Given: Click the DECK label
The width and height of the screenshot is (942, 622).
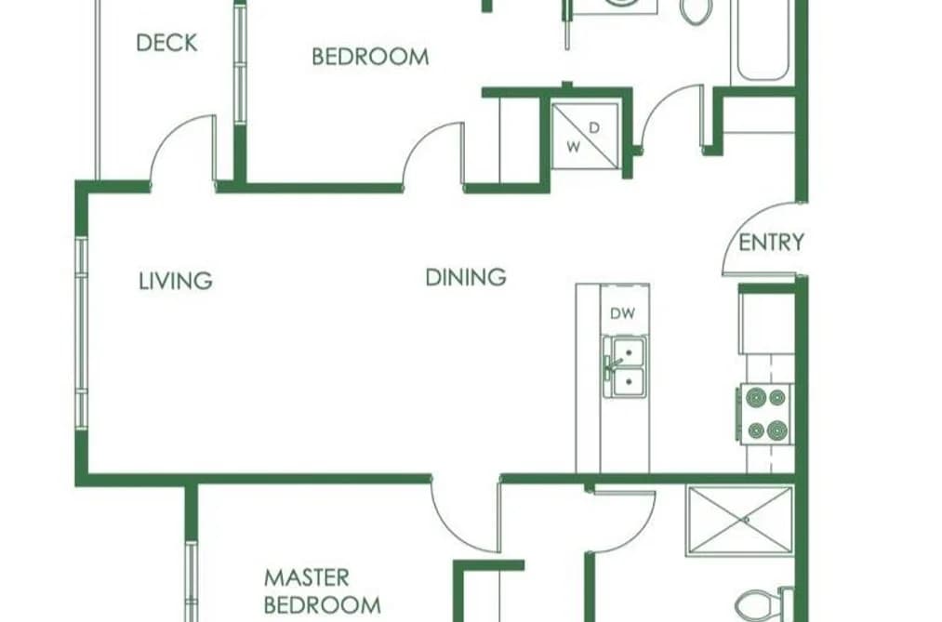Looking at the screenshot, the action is [x=166, y=43].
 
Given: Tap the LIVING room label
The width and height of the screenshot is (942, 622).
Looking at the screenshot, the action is [x=176, y=281].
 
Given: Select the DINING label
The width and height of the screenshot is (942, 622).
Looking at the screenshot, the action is [x=466, y=277].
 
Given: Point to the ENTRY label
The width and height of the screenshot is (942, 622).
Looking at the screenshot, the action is [x=771, y=242].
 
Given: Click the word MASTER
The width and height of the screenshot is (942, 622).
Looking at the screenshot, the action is [x=306, y=577].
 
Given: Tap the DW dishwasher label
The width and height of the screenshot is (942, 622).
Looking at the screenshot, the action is [x=622, y=313].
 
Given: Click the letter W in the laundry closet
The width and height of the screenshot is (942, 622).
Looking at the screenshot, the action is [x=574, y=147].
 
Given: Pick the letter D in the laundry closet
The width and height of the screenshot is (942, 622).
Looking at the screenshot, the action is [x=593, y=128].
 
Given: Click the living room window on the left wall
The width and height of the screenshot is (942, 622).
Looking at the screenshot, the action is [x=81, y=333].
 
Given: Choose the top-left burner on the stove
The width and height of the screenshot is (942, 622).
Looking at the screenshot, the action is [x=756, y=397].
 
